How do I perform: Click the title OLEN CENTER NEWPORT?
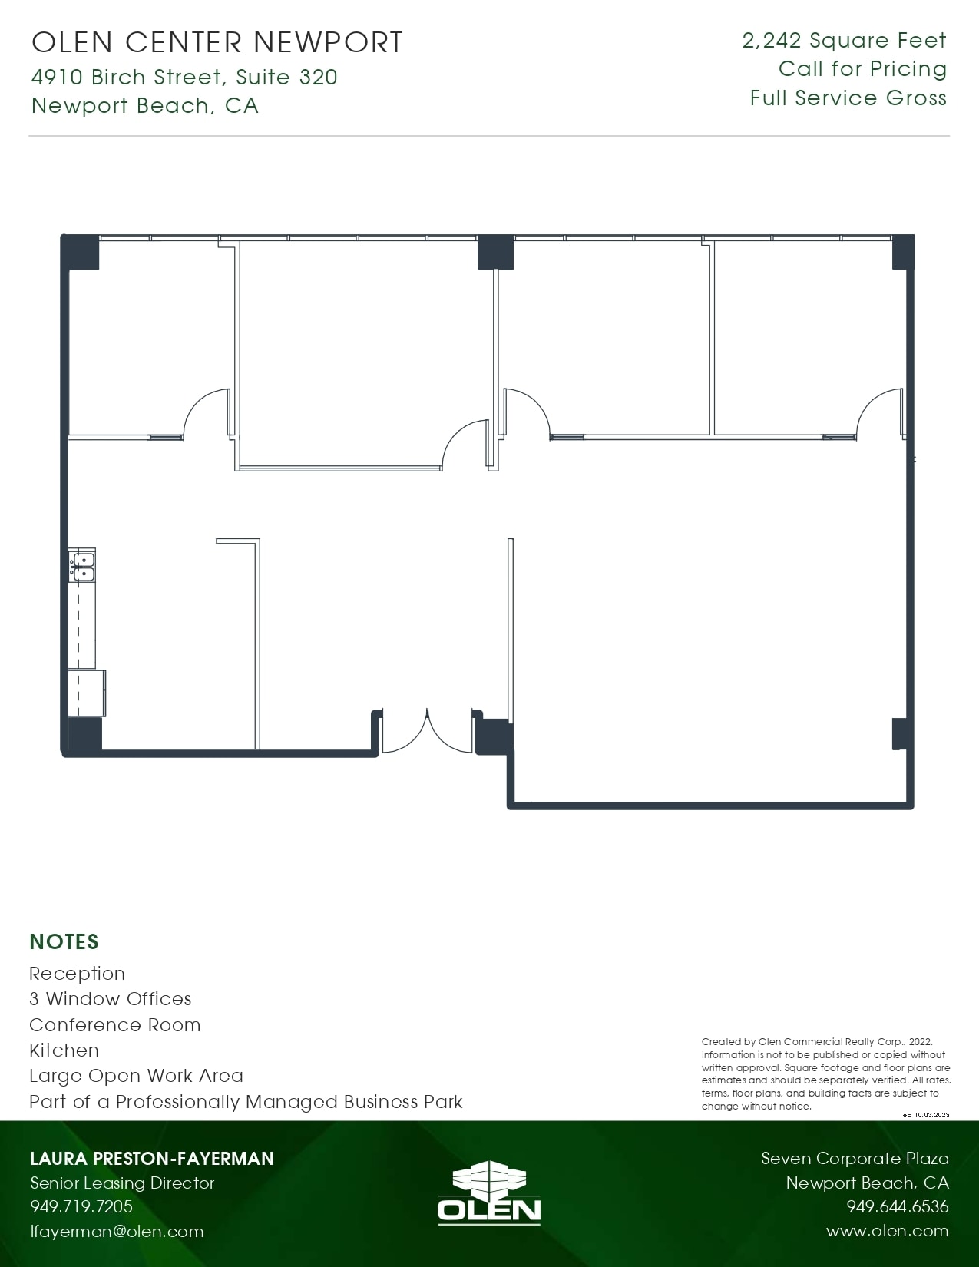tap(217, 42)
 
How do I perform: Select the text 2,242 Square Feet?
tap(844, 41)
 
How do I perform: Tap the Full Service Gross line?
tap(848, 98)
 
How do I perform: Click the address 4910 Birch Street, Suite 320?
tap(184, 77)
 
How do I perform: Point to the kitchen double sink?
tap(82, 567)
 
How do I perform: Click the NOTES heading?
tap(64, 941)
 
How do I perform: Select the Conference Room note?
tap(115, 1024)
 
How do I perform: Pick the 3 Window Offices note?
tap(111, 999)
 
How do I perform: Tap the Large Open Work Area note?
tap(136, 1076)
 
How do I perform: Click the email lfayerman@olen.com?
tap(117, 1232)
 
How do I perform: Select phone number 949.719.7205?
tap(81, 1206)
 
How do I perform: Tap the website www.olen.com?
tap(887, 1231)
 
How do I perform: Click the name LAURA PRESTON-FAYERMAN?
tap(151, 1158)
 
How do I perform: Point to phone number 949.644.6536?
tap(897, 1206)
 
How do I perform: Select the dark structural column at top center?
tap(495, 252)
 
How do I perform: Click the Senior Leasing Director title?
tap(122, 1183)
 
